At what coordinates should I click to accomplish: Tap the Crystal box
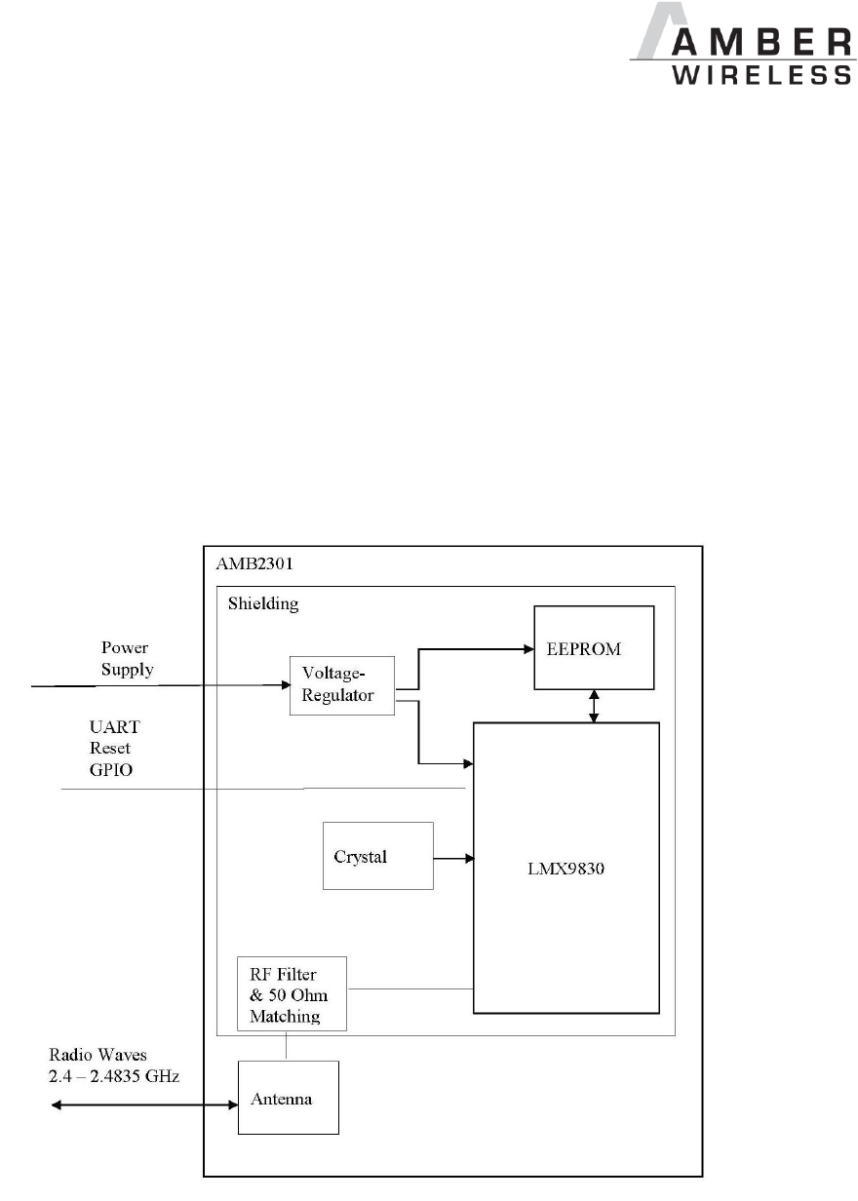click(377, 855)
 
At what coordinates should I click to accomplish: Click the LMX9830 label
click(566, 856)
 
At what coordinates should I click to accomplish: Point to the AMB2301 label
click(251, 564)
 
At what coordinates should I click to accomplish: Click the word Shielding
click(262, 603)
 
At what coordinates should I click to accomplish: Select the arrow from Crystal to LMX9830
click(453, 859)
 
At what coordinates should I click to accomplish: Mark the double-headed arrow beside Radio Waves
click(144, 1104)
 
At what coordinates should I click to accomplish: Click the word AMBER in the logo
click(747, 44)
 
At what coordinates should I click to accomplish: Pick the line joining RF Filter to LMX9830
click(410, 988)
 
